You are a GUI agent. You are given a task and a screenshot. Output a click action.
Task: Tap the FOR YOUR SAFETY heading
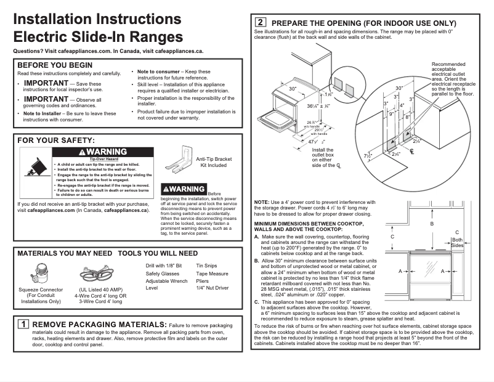[x=56, y=141]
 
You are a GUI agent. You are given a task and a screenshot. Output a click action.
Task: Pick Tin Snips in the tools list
[x=206, y=266]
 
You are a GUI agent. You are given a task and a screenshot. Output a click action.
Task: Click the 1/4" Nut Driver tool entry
[x=212, y=288]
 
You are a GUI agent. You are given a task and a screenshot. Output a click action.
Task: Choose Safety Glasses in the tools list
[x=163, y=273]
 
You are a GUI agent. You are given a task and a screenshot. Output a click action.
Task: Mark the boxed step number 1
[x=23, y=324]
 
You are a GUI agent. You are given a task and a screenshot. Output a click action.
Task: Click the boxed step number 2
[x=261, y=23]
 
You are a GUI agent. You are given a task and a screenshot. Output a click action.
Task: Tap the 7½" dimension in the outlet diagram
[x=368, y=156]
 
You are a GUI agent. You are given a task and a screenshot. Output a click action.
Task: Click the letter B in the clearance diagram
[x=432, y=224]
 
